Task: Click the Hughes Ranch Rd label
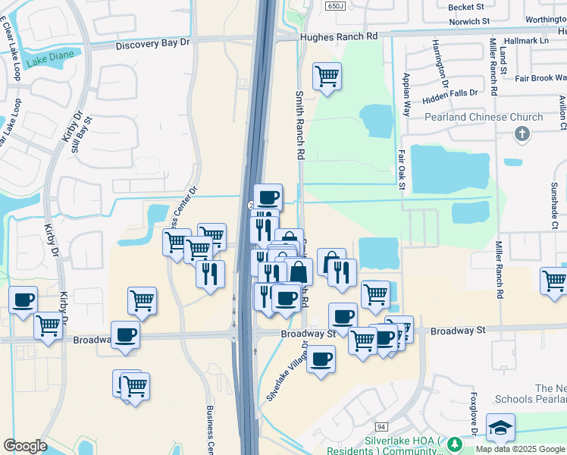[x=338, y=36]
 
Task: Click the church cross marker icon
[x=521, y=134]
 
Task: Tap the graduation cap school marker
[x=500, y=428]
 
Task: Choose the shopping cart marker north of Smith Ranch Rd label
[x=327, y=76]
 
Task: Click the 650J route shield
[x=336, y=6]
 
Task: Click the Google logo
[x=25, y=446]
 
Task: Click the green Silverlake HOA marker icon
[x=455, y=445]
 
